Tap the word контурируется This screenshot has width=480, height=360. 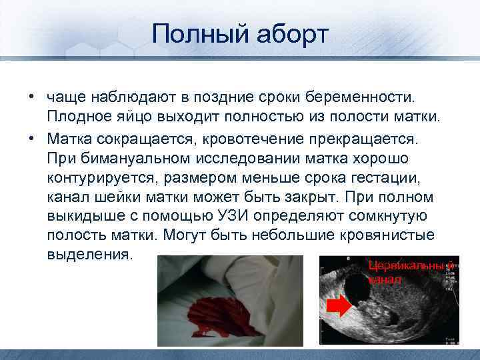point(95,179)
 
